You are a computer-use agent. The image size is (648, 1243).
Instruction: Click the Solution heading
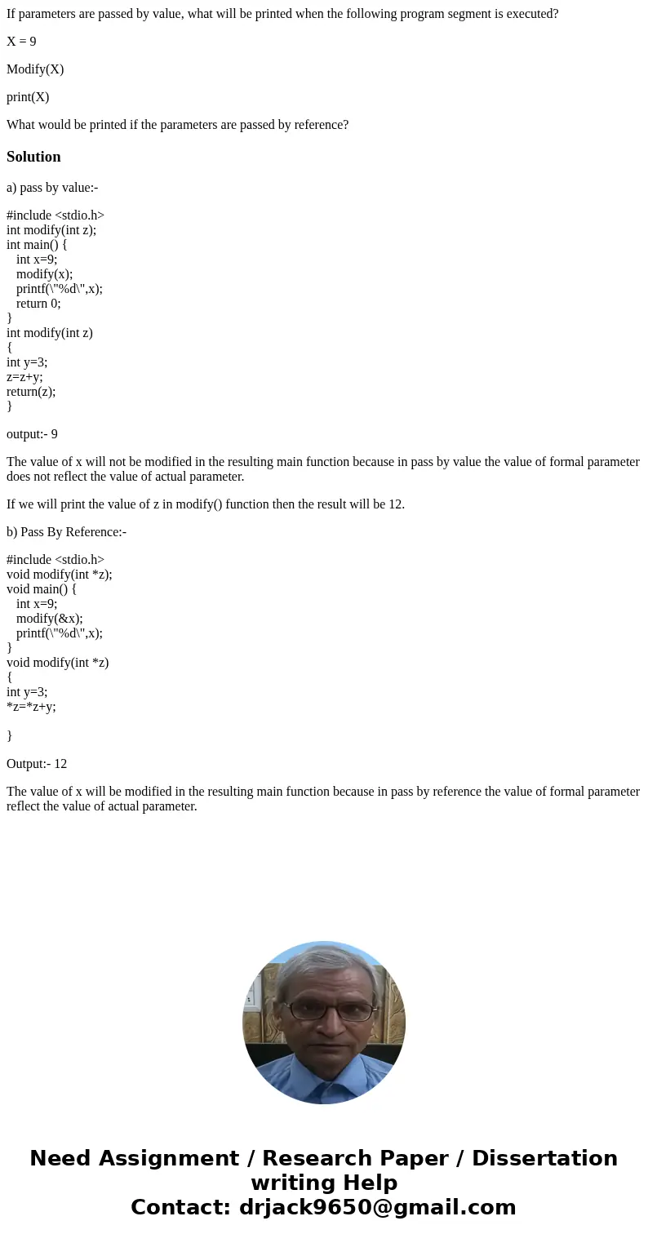click(x=33, y=157)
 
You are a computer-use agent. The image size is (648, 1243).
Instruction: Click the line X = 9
click(x=21, y=42)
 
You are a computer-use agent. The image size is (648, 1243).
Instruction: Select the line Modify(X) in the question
click(x=35, y=69)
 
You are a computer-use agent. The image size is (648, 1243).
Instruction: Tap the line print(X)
click(x=28, y=97)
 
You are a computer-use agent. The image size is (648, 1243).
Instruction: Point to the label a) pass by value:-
click(x=52, y=188)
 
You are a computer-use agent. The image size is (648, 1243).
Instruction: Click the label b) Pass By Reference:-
click(x=66, y=532)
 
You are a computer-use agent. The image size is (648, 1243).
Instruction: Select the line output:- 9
click(x=32, y=434)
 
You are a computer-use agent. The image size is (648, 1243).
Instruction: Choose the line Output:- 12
click(x=37, y=764)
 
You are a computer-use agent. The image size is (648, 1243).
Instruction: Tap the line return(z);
click(x=31, y=392)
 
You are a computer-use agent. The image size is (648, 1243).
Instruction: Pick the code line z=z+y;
click(x=24, y=377)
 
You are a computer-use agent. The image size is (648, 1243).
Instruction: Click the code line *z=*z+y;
click(x=31, y=707)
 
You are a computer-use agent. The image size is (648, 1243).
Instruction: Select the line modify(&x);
click(x=50, y=619)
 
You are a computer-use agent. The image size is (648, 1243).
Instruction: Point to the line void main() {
click(x=42, y=589)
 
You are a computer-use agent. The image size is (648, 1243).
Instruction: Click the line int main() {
click(x=37, y=245)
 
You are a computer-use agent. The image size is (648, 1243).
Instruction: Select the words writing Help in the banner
click(x=324, y=1183)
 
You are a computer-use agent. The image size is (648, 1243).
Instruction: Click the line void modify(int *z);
click(x=60, y=575)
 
